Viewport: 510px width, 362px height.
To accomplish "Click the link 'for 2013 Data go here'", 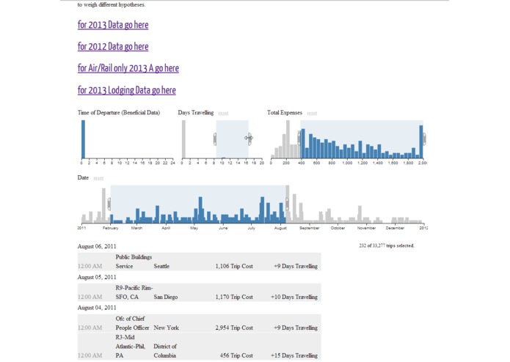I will (x=113, y=25).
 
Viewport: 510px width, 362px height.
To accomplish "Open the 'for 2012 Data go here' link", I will (x=113, y=47).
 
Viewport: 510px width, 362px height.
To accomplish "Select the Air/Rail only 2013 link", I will (x=128, y=69).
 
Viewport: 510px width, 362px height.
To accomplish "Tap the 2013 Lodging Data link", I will (x=126, y=91).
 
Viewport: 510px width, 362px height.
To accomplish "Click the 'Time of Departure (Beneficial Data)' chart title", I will (x=119, y=113).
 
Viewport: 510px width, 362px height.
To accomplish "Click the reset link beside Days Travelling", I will (x=223, y=114).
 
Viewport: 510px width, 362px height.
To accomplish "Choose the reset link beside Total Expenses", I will (x=312, y=114).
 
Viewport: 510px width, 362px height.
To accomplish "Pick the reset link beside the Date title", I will (x=98, y=178).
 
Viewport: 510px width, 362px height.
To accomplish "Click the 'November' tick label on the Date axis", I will (x=366, y=228).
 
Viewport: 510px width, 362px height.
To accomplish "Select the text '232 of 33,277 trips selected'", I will (x=387, y=245).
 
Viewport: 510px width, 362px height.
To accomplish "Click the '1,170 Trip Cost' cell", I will (x=234, y=297).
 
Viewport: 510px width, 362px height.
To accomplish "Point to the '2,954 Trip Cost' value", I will (x=234, y=328).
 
